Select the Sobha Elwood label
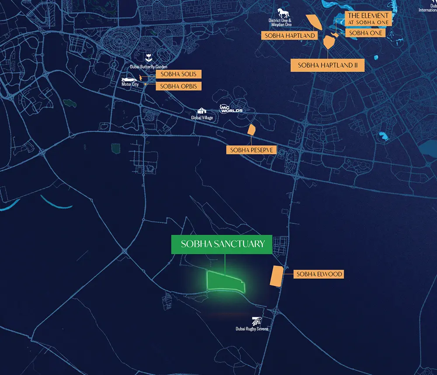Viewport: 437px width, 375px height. [319, 274]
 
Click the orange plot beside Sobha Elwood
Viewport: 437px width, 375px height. [276, 276]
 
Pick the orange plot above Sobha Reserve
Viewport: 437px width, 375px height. [251, 129]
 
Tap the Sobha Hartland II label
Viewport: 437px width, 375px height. [328, 65]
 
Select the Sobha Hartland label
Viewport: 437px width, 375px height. [289, 35]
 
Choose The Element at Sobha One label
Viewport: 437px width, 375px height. [368, 19]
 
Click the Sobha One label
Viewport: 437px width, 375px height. [366, 33]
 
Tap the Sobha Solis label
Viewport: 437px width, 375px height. [178, 74]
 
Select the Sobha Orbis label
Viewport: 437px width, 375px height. [178, 86]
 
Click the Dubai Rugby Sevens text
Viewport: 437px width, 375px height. [252, 329]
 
